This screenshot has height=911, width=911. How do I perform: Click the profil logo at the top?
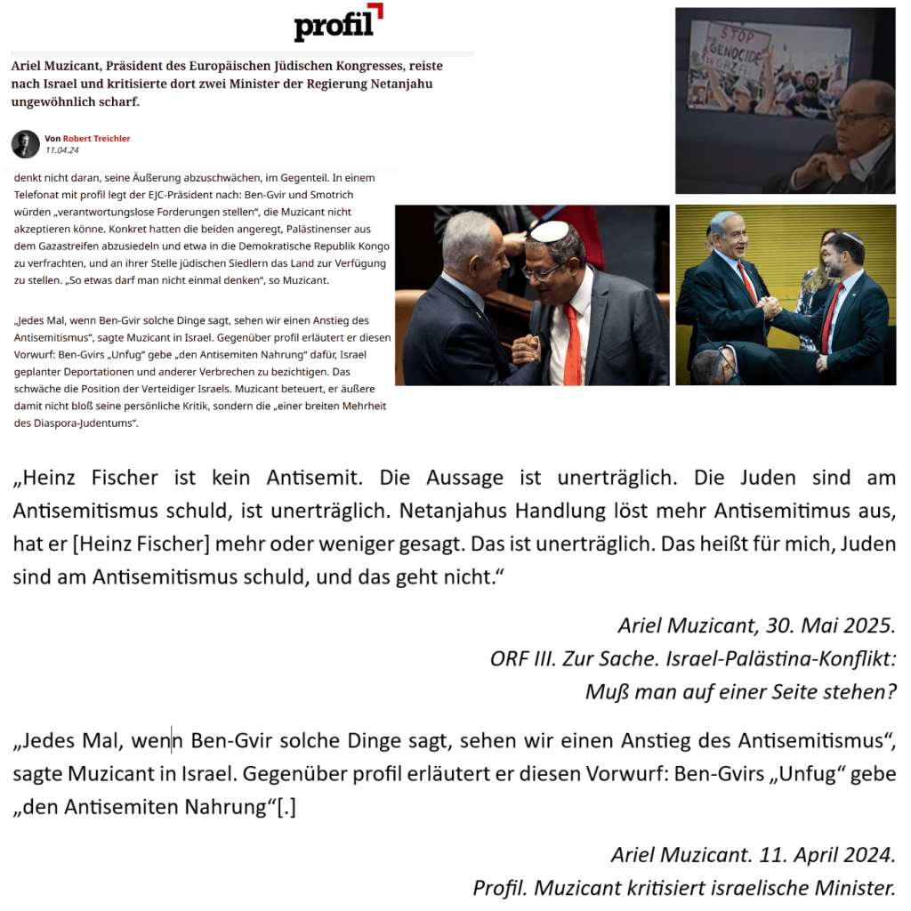coord(337,23)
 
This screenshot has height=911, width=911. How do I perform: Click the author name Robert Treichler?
coord(96,139)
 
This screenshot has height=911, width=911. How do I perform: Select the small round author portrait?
coord(25,144)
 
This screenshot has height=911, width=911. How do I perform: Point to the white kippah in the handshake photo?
coord(549,231)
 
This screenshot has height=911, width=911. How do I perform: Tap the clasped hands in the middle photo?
coord(527,348)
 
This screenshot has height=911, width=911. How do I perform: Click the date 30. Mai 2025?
coord(834,626)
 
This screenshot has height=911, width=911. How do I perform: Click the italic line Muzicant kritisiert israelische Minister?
coord(683,888)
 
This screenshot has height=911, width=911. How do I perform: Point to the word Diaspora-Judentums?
coord(83,423)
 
